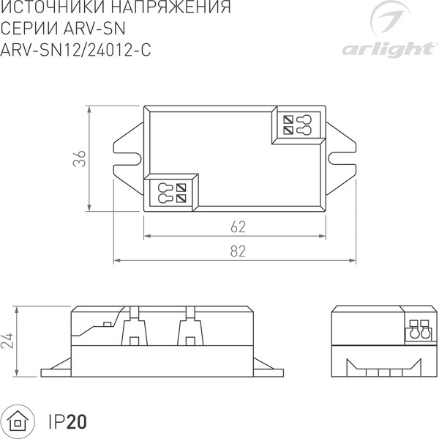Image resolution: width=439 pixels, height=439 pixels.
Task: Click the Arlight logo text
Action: [x=385, y=49]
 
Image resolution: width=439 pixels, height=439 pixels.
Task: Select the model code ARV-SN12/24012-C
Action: [x=78, y=49]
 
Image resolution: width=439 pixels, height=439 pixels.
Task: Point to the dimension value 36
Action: [x=81, y=158]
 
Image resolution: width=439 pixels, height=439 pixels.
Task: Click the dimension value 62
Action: [x=236, y=225]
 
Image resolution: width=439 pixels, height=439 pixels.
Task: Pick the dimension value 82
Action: [x=236, y=251]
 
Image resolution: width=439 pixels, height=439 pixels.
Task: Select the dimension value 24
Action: [x=8, y=340]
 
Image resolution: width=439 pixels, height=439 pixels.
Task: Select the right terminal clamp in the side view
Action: [x=191, y=328]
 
